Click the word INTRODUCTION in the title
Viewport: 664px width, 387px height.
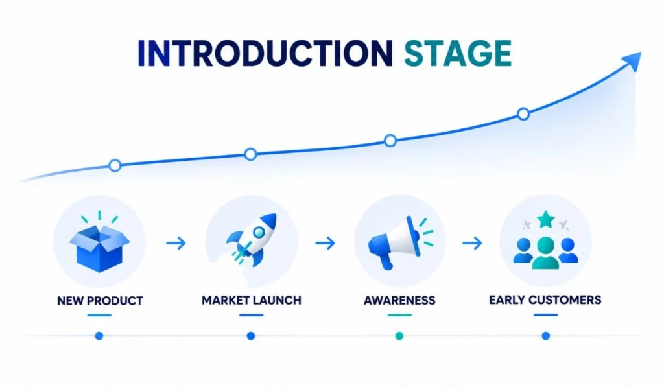click(x=265, y=53)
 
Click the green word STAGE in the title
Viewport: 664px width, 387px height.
click(x=458, y=53)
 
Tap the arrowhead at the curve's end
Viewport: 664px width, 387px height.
click(x=632, y=62)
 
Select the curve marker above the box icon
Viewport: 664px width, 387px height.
click(x=115, y=165)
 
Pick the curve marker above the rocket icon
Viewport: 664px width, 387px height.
click(x=251, y=154)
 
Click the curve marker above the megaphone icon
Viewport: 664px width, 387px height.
click(x=390, y=141)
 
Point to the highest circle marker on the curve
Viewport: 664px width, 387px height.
click(x=523, y=114)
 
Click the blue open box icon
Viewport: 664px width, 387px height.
click(x=99, y=248)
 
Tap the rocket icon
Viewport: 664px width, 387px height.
click(x=252, y=240)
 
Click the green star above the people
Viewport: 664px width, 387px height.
click(x=546, y=219)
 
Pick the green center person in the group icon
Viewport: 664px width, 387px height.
click(x=545, y=253)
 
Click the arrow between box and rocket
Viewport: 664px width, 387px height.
click(x=176, y=243)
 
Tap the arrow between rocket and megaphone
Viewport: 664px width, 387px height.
click(x=326, y=243)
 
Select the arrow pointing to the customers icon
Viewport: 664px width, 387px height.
click(x=473, y=243)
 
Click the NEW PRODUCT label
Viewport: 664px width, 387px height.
click(x=100, y=301)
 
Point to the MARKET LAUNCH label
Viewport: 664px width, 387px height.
click(x=252, y=300)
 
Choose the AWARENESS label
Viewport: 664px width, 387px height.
click(x=399, y=300)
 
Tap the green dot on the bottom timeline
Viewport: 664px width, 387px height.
click(x=399, y=336)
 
